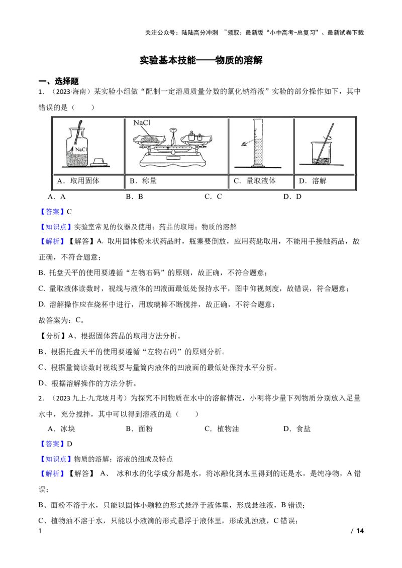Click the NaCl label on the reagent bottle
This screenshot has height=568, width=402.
[82, 150]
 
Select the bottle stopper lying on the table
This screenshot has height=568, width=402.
[98, 162]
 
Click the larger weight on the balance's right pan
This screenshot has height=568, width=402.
[191, 135]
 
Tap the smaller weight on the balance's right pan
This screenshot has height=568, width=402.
[198, 137]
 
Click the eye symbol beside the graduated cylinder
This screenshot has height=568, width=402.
[244, 143]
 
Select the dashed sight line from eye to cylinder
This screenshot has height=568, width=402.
[250, 142]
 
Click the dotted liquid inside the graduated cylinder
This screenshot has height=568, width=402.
[258, 153]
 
